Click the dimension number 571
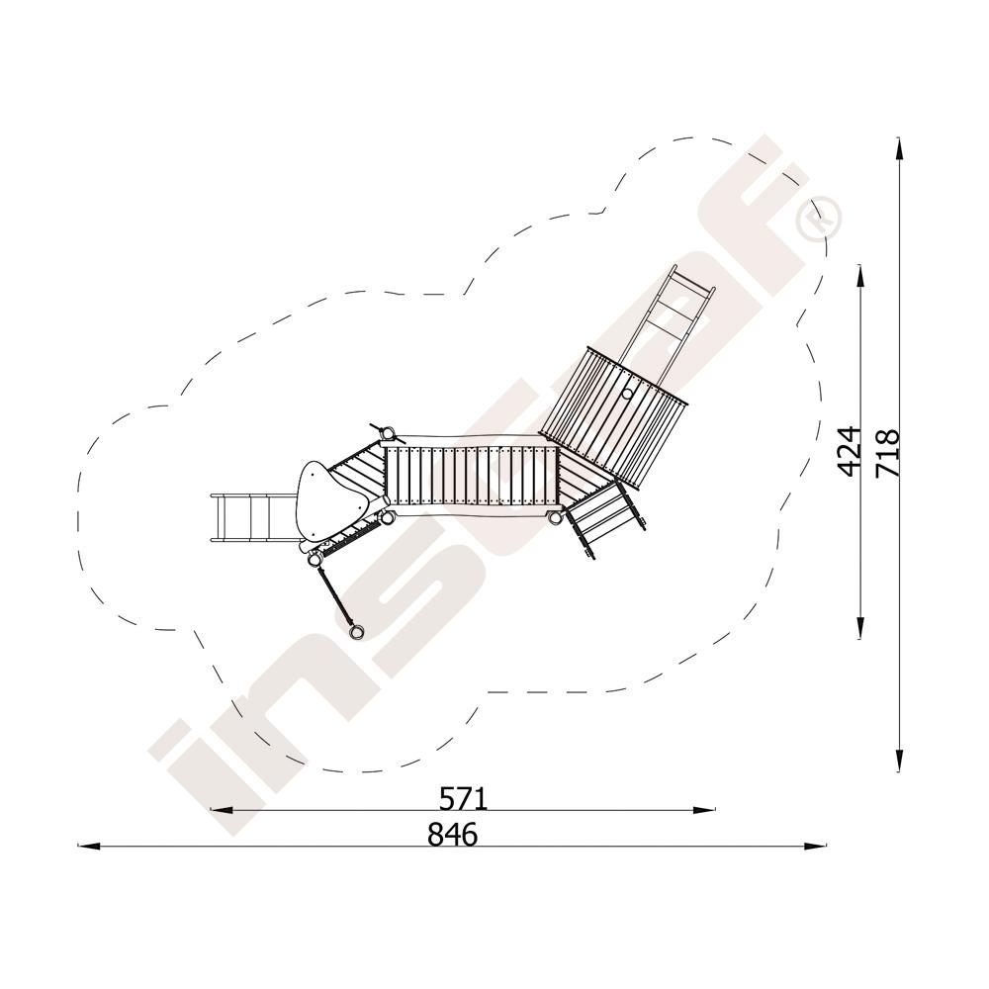coord(464,799)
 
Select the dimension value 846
coord(453,835)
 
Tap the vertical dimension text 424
coord(850,451)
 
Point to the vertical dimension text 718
coord(887,453)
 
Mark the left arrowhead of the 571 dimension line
coord(221,810)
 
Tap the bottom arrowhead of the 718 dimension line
coord(900,760)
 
